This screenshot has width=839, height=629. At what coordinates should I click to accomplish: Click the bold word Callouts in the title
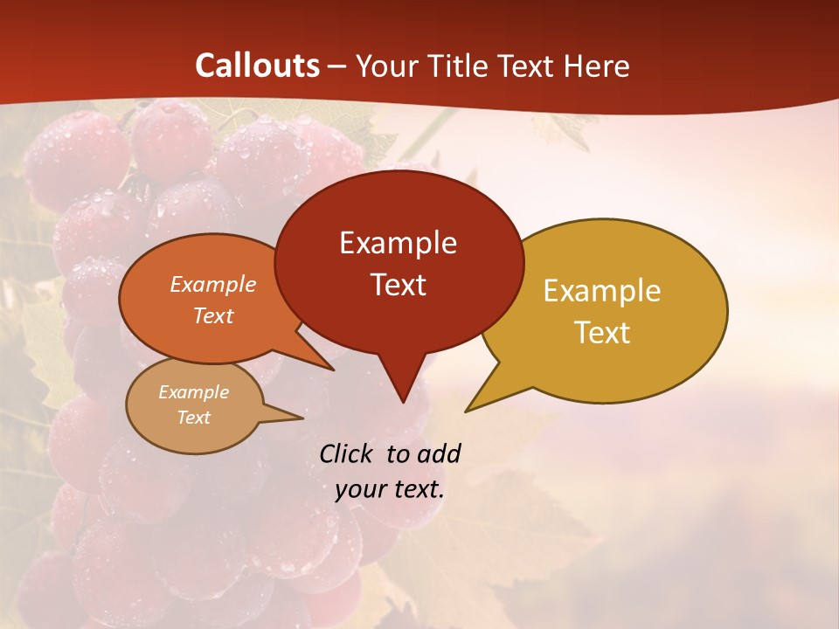tap(257, 66)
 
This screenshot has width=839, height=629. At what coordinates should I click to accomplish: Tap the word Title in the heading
tap(460, 66)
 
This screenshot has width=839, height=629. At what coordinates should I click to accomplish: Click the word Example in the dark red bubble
tap(398, 243)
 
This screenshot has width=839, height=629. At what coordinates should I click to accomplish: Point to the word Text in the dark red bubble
tap(398, 285)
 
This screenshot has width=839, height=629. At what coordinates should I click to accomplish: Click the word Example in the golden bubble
tap(602, 291)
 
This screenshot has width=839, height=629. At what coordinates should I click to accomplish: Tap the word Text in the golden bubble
tap(602, 333)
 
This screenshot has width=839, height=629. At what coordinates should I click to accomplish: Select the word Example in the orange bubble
tap(212, 284)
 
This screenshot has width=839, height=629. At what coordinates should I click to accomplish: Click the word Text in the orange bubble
tap(212, 315)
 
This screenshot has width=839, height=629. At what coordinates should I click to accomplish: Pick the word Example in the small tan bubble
tap(193, 392)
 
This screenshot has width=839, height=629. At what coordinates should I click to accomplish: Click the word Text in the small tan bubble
tap(193, 418)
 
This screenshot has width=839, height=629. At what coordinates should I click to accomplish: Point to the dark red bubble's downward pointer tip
tap(402, 402)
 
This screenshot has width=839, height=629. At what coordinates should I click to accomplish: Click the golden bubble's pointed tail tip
tap(467, 411)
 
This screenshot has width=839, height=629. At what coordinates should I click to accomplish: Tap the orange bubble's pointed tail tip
tap(333, 370)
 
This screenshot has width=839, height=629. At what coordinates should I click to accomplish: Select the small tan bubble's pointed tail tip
tap(302, 418)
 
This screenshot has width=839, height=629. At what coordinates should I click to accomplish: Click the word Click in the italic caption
tap(348, 453)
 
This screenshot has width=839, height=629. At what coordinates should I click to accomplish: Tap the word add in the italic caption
tap(438, 453)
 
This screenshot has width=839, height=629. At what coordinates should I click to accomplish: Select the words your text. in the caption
tap(390, 489)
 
